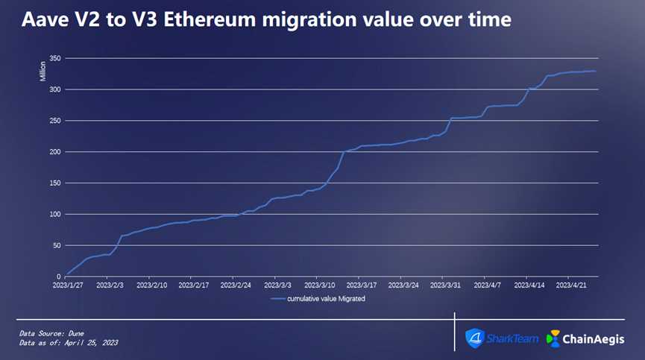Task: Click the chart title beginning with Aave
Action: [x=266, y=19]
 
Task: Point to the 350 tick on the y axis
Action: [x=54, y=58]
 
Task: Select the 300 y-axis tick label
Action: [x=54, y=89]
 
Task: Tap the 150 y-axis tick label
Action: [x=54, y=183]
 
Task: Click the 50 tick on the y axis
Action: [x=56, y=246]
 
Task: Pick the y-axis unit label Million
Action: [x=43, y=72]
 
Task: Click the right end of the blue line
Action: [x=595, y=71]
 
